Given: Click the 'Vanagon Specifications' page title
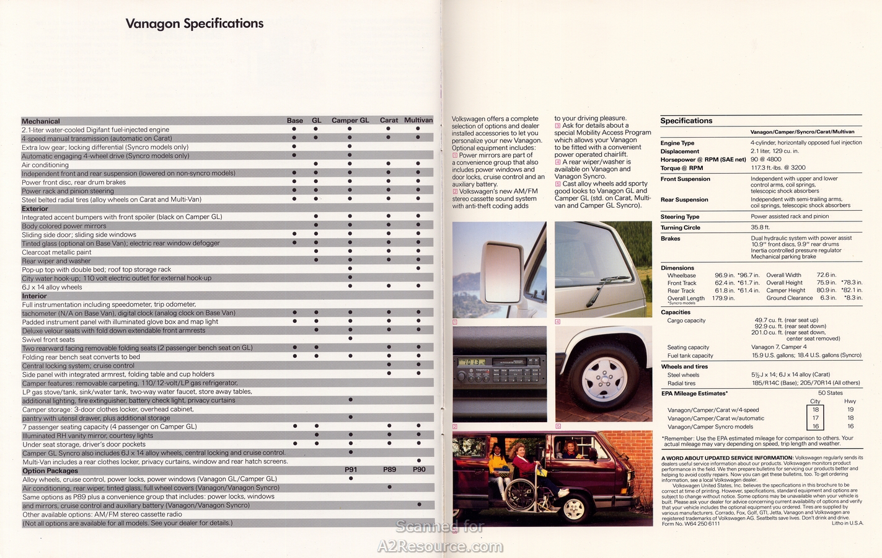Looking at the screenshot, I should click(194, 24).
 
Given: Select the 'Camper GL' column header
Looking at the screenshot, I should click(350, 120).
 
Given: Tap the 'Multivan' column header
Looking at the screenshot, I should click(418, 120).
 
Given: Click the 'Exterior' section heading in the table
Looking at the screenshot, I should click(35, 209).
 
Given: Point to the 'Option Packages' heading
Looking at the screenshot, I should click(50, 471).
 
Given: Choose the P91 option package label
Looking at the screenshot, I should click(351, 470).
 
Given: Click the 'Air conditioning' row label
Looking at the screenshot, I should click(45, 165).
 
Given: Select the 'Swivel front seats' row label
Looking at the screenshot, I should click(48, 339).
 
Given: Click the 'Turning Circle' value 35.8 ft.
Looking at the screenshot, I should click(760, 228).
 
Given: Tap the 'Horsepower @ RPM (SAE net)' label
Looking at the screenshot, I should click(703, 159).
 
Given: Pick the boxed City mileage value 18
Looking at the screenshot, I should click(815, 410).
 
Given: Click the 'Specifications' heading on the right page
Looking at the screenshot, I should click(686, 121).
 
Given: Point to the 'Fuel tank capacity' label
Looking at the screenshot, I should click(690, 356).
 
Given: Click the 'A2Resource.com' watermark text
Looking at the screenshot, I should click(441, 546).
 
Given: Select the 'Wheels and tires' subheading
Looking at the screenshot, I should click(684, 366).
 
